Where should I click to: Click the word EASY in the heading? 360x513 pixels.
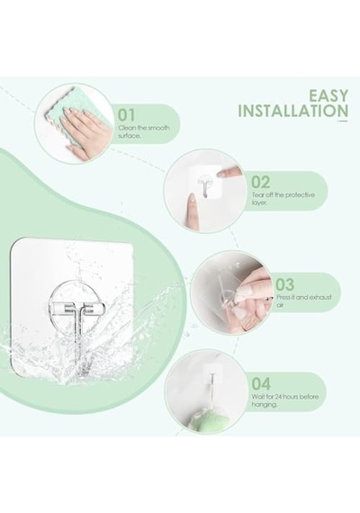328,96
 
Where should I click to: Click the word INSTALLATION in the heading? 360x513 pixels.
292,111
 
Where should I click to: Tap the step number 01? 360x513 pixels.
126,115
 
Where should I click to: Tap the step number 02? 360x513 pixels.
260,183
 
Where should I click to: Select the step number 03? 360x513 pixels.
284,284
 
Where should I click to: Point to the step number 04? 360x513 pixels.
261,384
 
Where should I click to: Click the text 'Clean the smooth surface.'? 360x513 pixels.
144,131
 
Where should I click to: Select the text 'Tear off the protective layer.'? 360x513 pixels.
283,199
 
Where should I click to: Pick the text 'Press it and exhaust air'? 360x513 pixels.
303,301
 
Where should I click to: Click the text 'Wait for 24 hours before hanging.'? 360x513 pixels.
284,400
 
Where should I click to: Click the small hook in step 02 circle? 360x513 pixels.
205,185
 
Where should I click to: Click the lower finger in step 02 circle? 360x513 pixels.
192,211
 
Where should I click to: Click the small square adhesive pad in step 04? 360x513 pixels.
210,373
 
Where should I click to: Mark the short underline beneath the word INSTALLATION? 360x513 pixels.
343,121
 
